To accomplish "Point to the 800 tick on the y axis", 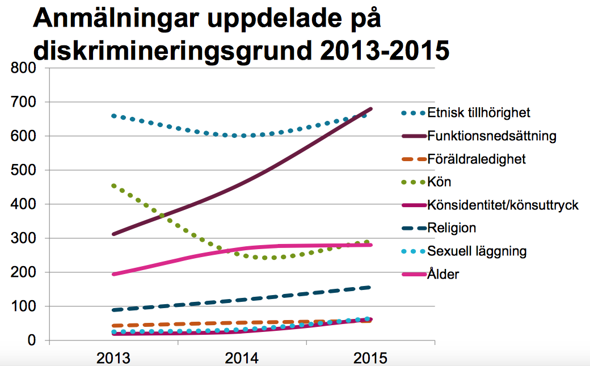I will coord(24,68).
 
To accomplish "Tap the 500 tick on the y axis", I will coord(24,170).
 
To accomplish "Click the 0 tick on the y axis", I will coord(32,340).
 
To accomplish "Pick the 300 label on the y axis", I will coord(24,238).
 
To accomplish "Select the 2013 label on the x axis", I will coord(113,358).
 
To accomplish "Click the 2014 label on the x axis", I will coord(242,358).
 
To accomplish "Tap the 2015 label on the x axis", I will coord(370,358).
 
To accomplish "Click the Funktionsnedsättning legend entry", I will coord(492,136).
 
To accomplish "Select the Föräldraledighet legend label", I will coord(477,159).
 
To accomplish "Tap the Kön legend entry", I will coord(439,183).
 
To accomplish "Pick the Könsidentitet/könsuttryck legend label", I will coord(503,205).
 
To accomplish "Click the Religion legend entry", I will coord(452,229).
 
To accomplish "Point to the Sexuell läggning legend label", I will coord(477,251).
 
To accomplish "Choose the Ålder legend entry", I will coord(443,275).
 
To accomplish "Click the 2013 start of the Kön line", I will coord(114,186).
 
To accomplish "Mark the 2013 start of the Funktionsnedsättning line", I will coord(114,234).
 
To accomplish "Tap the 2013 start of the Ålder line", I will coord(114,274).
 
